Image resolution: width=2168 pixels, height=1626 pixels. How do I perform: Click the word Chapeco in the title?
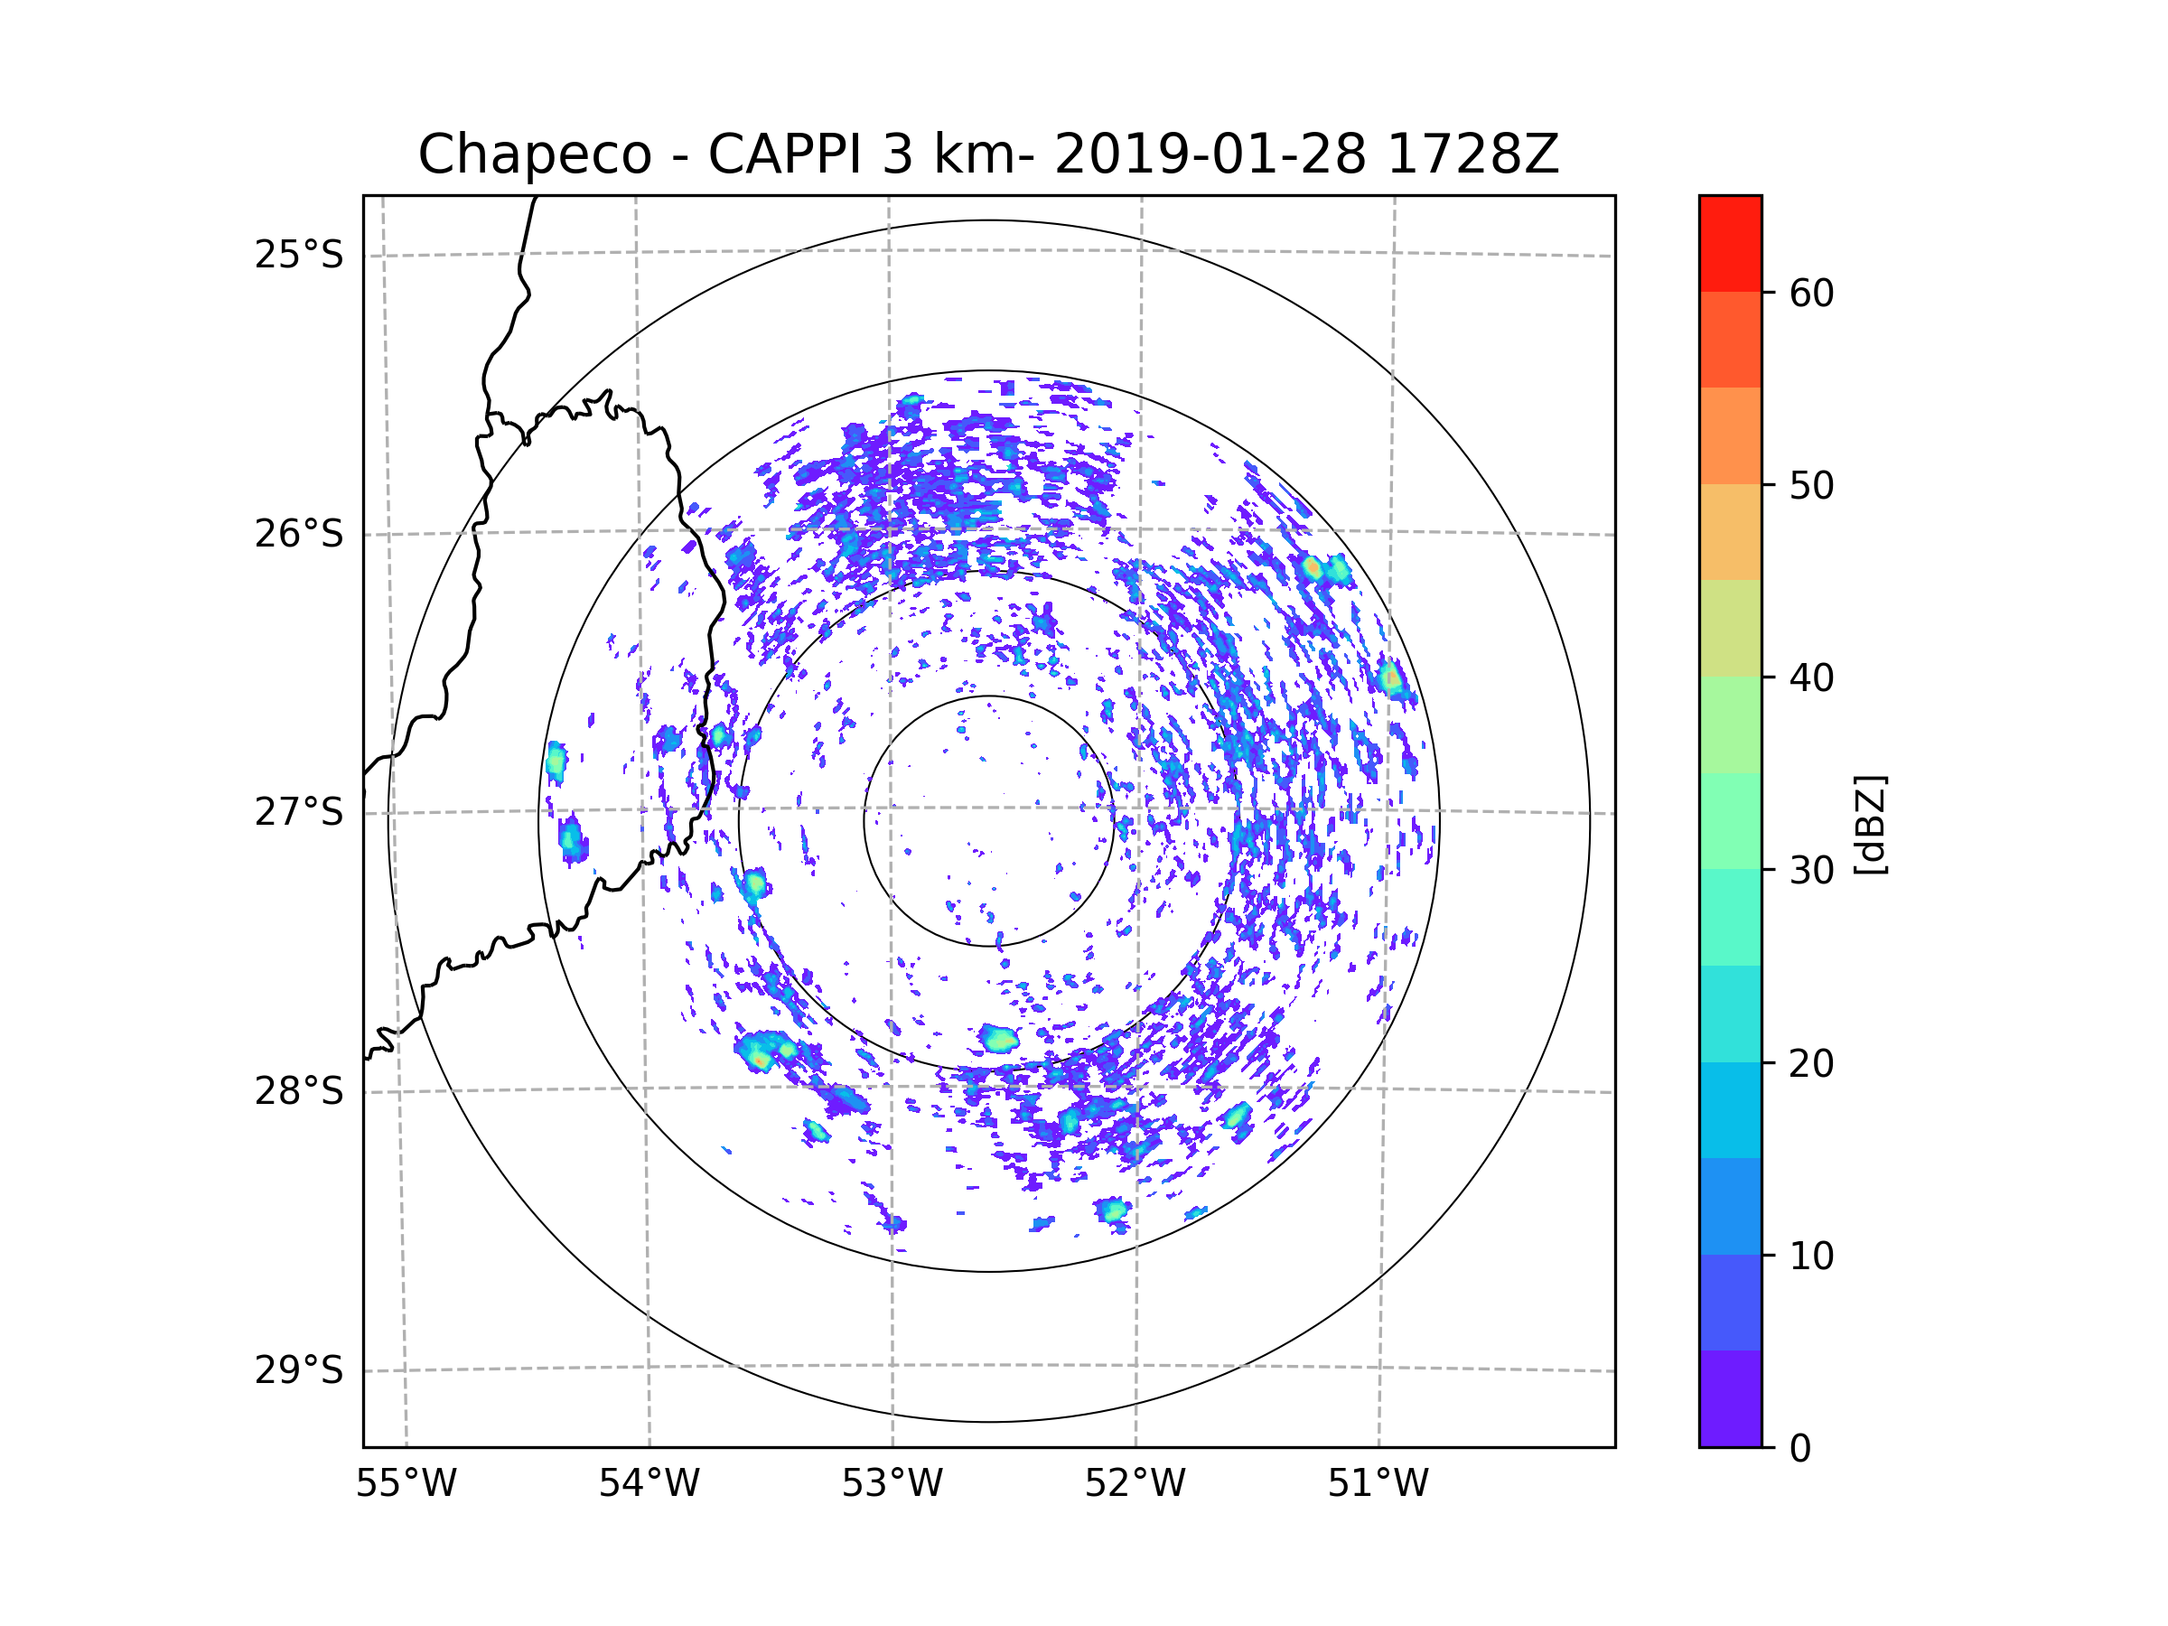(x=534, y=154)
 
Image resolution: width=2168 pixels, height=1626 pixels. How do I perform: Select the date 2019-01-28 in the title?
(x=1210, y=154)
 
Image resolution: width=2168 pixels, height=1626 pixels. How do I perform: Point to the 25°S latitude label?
(x=299, y=255)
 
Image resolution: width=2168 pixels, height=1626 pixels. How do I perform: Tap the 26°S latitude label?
(x=299, y=534)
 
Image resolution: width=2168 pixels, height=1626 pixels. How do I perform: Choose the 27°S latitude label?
(x=299, y=812)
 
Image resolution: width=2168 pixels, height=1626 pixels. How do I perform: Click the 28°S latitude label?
(x=299, y=1091)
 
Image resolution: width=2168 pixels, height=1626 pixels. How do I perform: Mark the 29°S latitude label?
(x=299, y=1370)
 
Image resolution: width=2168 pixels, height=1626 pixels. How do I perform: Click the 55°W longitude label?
(x=406, y=1484)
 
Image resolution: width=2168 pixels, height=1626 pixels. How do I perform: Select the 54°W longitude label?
(x=649, y=1484)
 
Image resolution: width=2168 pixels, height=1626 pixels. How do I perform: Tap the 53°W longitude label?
(x=892, y=1484)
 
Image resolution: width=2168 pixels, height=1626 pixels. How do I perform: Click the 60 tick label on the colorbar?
(x=1811, y=293)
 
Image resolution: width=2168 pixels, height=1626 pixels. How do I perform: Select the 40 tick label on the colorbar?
(x=1811, y=678)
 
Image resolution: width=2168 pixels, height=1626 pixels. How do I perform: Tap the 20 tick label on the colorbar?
(x=1811, y=1063)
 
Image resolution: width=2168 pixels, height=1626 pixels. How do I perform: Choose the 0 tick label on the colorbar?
(x=1800, y=1449)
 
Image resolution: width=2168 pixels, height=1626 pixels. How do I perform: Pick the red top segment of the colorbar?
(x=1730, y=243)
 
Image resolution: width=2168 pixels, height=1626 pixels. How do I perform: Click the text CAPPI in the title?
(x=784, y=154)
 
